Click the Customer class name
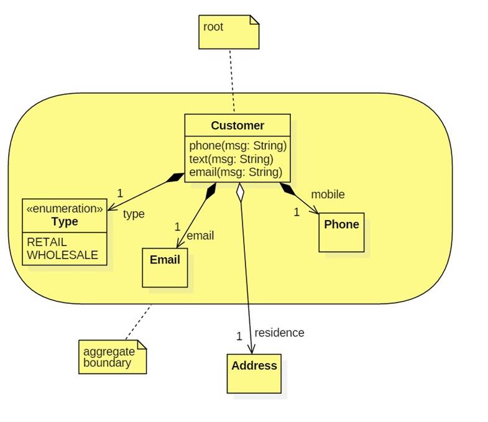click(237, 126)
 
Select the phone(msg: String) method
click(237, 146)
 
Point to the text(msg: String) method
click(231, 159)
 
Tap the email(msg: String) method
click(236, 172)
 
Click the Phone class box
click(341, 232)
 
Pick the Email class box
click(165, 267)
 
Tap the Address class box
click(254, 373)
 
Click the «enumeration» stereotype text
click(65, 209)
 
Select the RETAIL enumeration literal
click(47, 242)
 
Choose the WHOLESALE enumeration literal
click(62, 254)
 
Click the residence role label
click(279, 333)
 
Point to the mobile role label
click(328, 195)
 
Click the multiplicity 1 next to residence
click(239, 336)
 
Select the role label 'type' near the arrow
click(134, 214)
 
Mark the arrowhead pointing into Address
click(252, 349)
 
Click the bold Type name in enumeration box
click(65, 221)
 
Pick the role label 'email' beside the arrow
click(200, 236)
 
